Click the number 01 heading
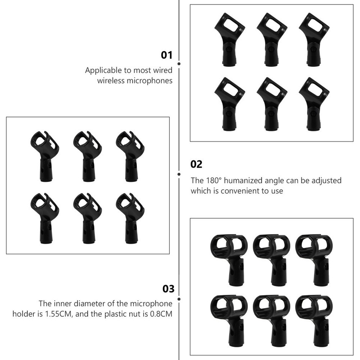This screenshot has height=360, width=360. (166, 55)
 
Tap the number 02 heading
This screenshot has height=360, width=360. (196, 164)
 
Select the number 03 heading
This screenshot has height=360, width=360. (168, 289)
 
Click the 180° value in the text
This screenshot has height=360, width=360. (214, 180)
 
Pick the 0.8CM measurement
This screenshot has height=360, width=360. (161, 314)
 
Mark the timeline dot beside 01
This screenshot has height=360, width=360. (179, 64)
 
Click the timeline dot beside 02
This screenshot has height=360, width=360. (179, 174)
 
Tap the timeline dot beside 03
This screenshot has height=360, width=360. (179, 299)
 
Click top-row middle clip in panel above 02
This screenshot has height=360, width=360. (271, 39)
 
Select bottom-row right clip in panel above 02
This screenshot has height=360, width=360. (313, 103)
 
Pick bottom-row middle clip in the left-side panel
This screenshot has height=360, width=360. (87, 217)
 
